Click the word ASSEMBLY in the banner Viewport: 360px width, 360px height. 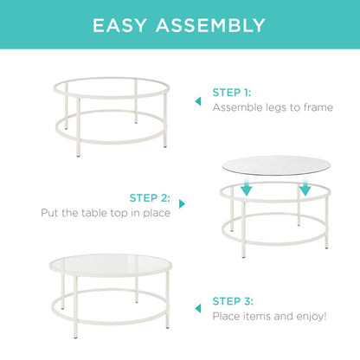click(x=211, y=26)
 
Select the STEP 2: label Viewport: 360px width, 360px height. click(x=151, y=197)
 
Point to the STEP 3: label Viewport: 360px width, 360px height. click(x=234, y=301)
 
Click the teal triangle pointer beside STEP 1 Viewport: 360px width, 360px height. click(x=197, y=100)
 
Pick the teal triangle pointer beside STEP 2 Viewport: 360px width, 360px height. click(x=182, y=204)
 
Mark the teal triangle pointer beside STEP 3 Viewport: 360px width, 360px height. click(x=197, y=308)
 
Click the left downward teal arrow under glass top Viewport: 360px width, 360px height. click(x=246, y=187)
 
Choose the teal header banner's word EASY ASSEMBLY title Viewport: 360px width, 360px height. click(x=180, y=26)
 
